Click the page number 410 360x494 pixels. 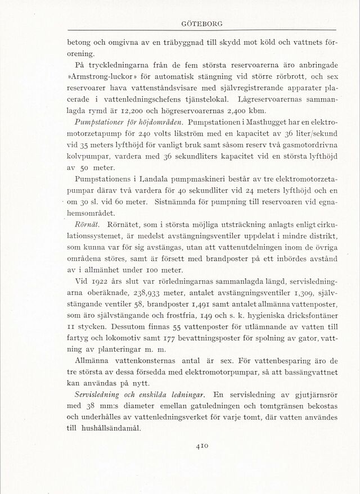[203, 446]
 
